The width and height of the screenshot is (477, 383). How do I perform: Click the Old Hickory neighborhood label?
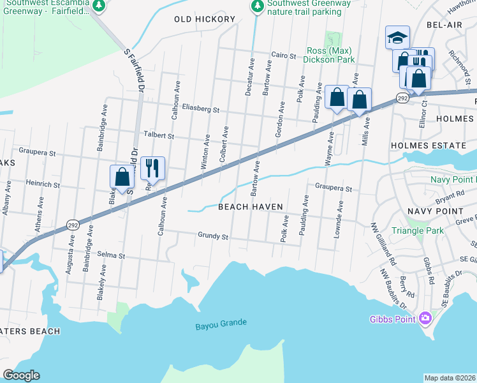[205, 19]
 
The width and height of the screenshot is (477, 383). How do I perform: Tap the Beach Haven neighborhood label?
[250, 207]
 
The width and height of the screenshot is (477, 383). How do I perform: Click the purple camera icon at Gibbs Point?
[425, 318]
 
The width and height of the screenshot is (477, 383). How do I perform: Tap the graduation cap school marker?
[397, 37]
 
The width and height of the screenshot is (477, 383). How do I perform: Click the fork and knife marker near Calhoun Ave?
[152, 169]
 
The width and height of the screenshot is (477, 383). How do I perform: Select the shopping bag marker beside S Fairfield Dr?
[122, 178]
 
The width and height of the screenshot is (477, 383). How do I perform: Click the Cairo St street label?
[284, 56]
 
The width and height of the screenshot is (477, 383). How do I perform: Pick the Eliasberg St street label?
[201, 109]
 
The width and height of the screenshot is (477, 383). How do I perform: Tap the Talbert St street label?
[159, 135]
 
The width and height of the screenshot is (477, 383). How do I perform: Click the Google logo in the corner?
[21, 375]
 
